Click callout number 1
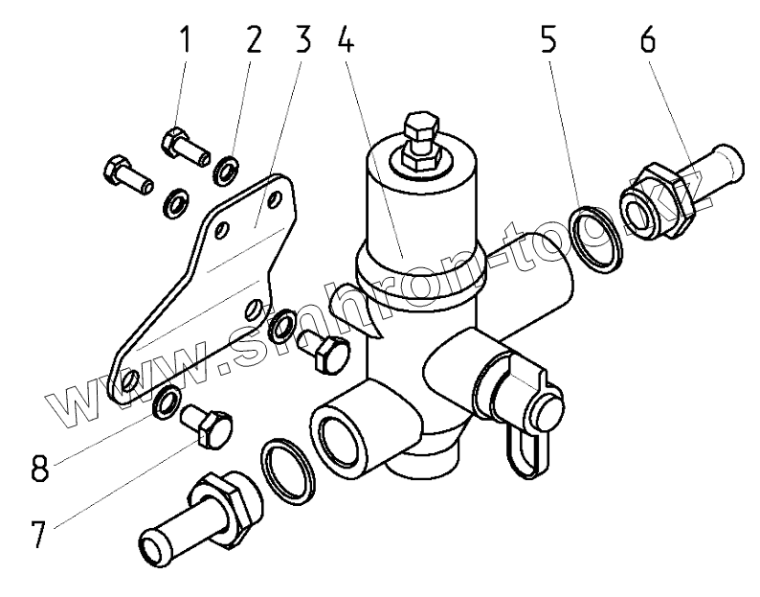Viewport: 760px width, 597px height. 185,40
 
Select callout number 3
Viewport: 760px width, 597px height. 302,40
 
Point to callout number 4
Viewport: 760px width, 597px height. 347,40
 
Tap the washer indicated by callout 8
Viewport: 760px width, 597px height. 165,402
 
